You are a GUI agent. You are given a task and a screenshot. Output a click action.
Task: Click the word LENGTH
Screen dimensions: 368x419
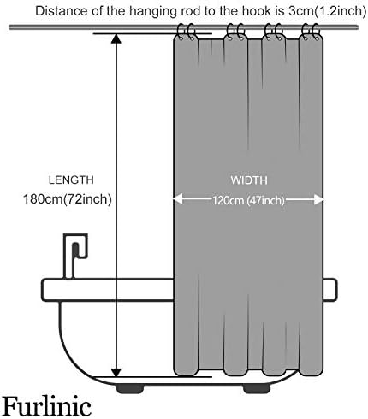(71, 180)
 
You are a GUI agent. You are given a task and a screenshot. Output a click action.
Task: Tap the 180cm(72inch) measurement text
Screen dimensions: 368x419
(68, 199)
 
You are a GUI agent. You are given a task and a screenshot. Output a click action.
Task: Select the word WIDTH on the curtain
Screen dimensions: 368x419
(249, 180)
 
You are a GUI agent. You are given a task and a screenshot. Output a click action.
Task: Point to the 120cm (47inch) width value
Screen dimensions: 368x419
(248, 201)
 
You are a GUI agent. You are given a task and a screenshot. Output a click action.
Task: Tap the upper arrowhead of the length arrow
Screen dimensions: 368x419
(116, 38)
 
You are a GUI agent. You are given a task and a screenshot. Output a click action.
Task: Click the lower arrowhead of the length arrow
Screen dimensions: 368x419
(116, 372)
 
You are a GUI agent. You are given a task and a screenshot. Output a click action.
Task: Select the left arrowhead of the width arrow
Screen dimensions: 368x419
(178, 199)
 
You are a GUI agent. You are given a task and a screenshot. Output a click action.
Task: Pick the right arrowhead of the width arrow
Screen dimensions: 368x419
(318, 199)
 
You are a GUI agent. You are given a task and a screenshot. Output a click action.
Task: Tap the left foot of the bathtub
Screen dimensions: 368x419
(130, 389)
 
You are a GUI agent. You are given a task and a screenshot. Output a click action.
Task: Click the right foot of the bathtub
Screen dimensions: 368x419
(256, 389)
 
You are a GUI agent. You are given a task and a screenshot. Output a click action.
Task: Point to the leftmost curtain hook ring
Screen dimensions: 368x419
(181, 32)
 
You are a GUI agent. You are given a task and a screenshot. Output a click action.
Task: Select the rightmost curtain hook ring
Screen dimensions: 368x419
(316, 32)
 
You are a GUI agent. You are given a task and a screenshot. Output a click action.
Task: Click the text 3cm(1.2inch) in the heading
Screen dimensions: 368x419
(325, 11)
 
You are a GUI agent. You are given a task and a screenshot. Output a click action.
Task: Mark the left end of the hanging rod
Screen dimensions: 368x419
(10, 27)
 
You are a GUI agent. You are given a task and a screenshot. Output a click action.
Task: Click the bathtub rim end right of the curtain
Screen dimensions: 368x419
(330, 289)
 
